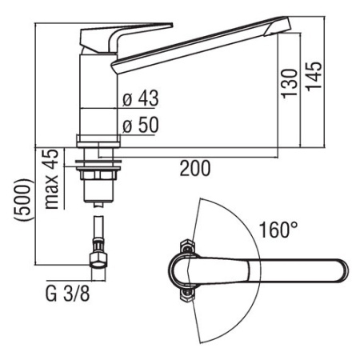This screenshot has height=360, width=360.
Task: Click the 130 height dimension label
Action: (291, 82)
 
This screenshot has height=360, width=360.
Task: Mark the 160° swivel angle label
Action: (278, 231)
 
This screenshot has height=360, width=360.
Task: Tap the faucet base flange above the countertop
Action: (98, 139)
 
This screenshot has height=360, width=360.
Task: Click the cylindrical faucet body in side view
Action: (99, 88)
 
